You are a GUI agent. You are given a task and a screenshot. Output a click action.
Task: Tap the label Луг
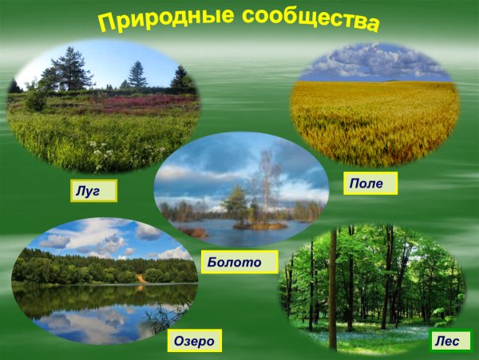tap(93, 191)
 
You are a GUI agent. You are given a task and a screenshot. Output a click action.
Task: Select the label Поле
tap(371, 184)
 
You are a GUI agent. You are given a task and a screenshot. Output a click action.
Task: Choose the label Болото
tap(239, 261)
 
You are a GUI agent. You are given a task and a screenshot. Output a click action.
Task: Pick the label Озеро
tap(195, 342)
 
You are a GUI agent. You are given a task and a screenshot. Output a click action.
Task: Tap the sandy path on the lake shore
tap(141, 278)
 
